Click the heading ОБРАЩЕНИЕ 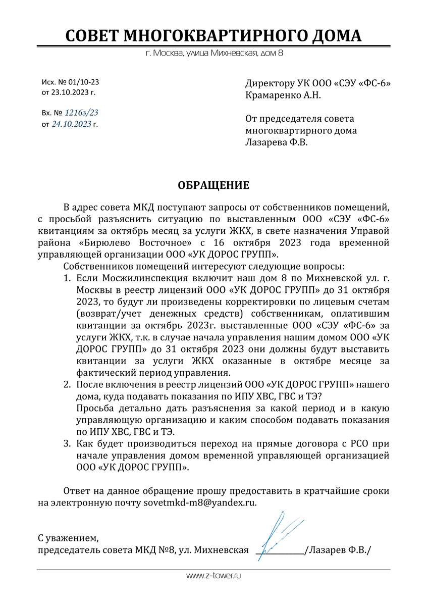coord(213,185)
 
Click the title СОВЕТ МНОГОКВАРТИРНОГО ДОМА coord(213,36)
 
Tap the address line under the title coord(213,53)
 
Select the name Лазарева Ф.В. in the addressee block coord(276,142)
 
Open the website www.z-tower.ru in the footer coord(214,576)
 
